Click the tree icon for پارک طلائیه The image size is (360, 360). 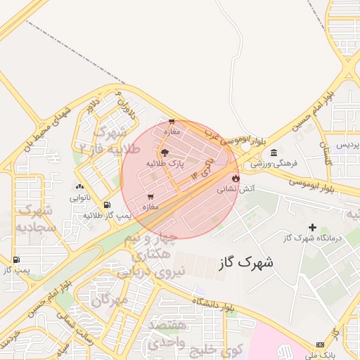click(x=165, y=152)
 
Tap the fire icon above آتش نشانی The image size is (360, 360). click(x=236, y=178)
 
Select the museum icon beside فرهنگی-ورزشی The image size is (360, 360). click(x=274, y=153)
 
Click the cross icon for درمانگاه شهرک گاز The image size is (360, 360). click(x=313, y=227)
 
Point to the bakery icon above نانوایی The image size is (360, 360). click(x=79, y=187)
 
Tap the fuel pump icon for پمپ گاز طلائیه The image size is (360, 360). click(x=106, y=205)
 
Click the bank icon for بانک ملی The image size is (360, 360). click(x=321, y=345)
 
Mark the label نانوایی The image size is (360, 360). click(x=79, y=198)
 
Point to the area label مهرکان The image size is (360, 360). click(x=110, y=300)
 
